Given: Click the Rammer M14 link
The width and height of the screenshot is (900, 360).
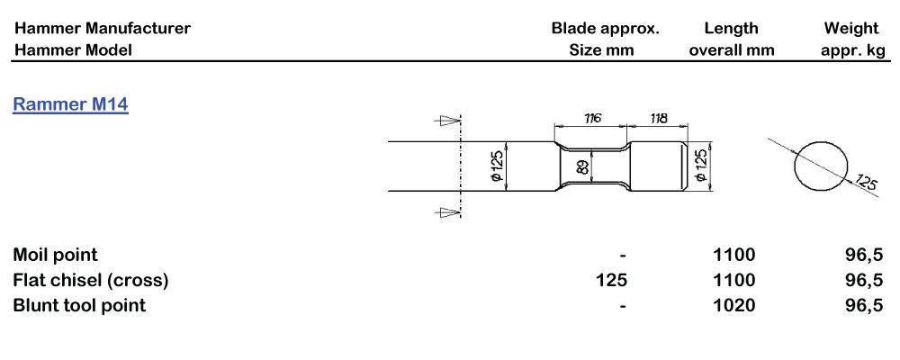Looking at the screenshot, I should pos(70,105).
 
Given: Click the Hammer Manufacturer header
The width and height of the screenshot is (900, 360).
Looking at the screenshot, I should pos(102,28).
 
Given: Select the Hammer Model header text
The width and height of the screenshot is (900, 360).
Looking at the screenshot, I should pos(72,49).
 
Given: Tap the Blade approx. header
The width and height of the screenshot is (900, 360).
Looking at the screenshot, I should pos(605,28).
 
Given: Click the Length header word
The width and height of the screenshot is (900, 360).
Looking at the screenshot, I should pos(731,28).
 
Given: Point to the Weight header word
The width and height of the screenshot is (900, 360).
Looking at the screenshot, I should pos(851,28).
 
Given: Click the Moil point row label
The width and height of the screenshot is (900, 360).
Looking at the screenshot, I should pos(55,255).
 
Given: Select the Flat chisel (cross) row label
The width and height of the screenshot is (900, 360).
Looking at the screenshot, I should pos(91,280).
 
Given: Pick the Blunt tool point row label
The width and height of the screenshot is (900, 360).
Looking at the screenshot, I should pos(79,305).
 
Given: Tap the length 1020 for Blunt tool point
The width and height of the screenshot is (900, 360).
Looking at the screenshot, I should pos(733,305).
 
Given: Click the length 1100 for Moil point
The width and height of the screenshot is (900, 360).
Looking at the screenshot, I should pos(733,255).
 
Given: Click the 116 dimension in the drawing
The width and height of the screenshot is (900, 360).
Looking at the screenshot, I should pos(591,118).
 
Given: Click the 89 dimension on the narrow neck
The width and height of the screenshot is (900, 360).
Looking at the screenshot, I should pos(582,166).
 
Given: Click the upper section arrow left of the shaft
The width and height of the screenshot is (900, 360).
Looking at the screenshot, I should pos(445,120).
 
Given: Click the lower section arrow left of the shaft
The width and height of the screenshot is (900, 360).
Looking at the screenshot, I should pos(445,212).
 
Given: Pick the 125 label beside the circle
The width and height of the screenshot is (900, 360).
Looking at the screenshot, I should pos(866,184).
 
